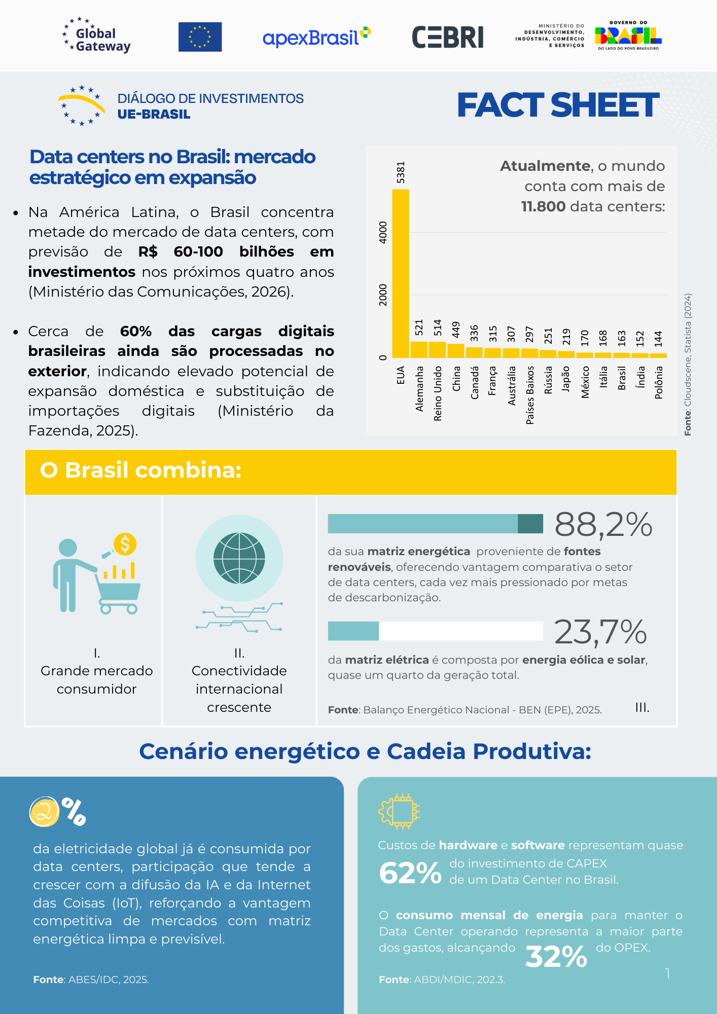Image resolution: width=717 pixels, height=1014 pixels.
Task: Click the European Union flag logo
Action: (200, 37)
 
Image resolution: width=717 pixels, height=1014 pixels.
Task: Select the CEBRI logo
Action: (448, 38)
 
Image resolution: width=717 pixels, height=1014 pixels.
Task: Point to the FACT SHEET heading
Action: (558, 105)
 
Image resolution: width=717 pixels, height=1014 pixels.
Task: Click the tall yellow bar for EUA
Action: (401, 274)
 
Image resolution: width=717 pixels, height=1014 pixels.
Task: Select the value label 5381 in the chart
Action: (401, 172)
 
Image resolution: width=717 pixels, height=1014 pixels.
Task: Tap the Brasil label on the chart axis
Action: (622, 378)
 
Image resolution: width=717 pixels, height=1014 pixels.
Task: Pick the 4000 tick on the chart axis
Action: (383, 232)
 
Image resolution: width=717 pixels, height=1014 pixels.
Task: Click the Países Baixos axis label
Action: (530, 395)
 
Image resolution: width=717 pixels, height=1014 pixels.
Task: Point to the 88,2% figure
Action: (603, 524)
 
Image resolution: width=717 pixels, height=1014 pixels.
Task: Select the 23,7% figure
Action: (600, 632)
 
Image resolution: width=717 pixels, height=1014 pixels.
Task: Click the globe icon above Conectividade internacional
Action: (239, 558)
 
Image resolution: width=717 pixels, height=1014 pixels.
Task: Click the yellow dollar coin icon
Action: (125, 544)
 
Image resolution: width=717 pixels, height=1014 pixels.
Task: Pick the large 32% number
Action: (556, 957)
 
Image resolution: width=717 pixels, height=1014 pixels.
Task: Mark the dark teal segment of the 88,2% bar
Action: (530, 524)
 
